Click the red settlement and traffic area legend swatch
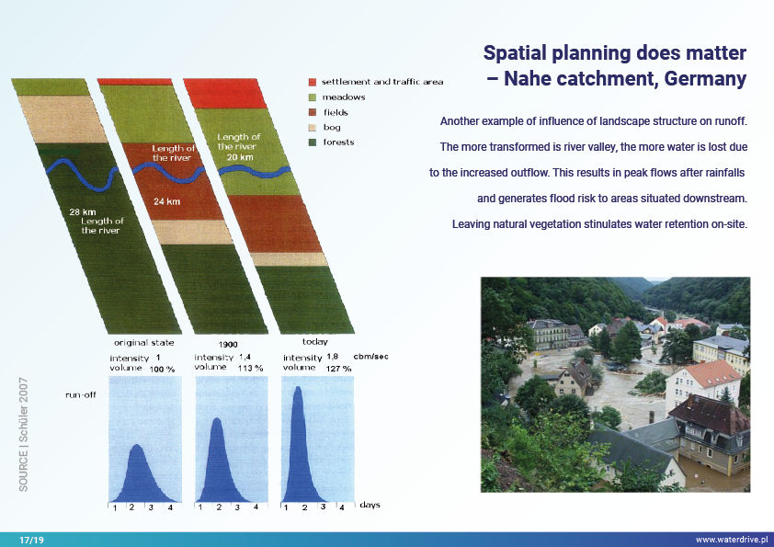pyautogui.click(x=313, y=82)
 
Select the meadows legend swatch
pyautogui.click(x=313, y=97)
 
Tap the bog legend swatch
pyautogui.click(x=313, y=127)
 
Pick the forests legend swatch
pyautogui.click(x=313, y=142)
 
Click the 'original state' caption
pyautogui.click(x=137, y=342)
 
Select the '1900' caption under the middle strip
pyautogui.click(x=217, y=343)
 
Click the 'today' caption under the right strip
pyautogui.click(x=314, y=342)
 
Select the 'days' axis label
pyautogui.click(x=370, y=505)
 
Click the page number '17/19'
pyautogui.click(x=31, y=540)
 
